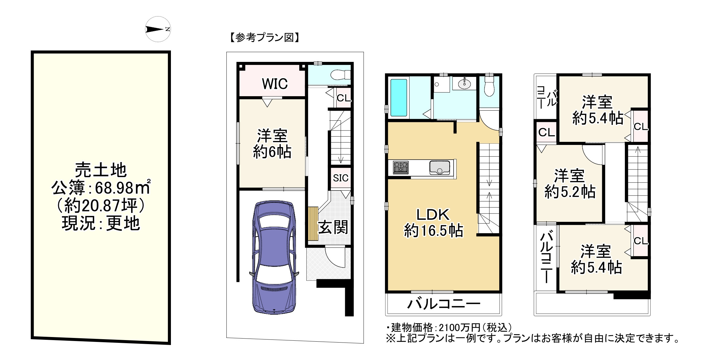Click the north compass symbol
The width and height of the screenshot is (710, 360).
(x=157, y=29)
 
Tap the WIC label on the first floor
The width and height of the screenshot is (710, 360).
(x=275, y=84)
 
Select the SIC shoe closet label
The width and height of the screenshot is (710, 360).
(x=341, y=178)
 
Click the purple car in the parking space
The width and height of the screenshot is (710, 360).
(x=274, y=257)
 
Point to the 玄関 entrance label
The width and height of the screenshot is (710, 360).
(x=333, y=227)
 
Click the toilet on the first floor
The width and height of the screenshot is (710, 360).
(x=340, y=74)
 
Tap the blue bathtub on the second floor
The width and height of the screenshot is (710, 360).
(x=399, y=97)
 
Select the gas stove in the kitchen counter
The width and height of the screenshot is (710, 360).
(x=400, y=168)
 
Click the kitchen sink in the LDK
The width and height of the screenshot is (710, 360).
(x=439, y=167)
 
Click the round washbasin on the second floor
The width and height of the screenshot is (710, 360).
(x=464, y=83)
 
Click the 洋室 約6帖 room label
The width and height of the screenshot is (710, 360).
(x=272, y=144)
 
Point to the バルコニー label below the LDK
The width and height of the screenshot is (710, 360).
(x=444, y=304)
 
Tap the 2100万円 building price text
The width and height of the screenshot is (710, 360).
(x=459, y=328)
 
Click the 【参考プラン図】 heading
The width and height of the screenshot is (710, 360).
(x=264, y=38)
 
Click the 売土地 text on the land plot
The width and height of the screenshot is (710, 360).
(x=101, y=170)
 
